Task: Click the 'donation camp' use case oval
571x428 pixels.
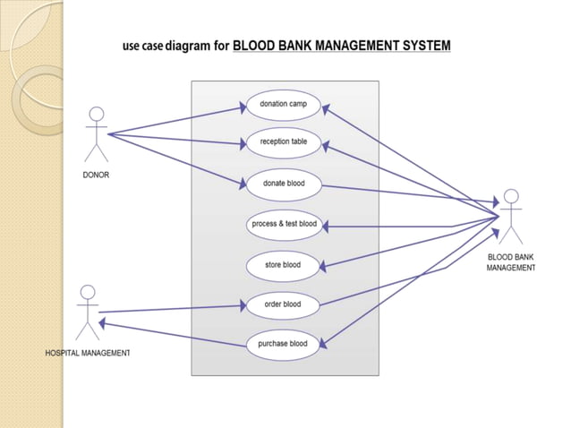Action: click(x=283, y=105)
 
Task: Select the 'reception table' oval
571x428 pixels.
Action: click(x=283, y=142)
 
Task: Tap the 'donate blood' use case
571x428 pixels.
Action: click(x=283, y=184)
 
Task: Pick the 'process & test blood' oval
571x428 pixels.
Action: click(x=283, y=224)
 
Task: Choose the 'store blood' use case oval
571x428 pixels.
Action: click(x=283, y=265)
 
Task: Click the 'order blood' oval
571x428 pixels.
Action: click(x=283, y=304)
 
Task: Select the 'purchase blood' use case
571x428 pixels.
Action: click(x=283, y=344)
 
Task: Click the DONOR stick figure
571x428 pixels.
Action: click(x=96, y=134)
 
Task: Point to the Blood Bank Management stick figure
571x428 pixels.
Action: click(x=511, y=216)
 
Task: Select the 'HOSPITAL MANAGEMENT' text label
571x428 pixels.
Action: click(x=88, y=354)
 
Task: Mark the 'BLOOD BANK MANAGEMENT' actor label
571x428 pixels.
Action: click(x=511, y=262)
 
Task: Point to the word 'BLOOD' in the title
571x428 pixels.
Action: click(x=254, y=45)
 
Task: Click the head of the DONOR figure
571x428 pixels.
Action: click(x=96, y=115)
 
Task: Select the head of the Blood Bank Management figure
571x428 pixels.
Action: click(x=511, y=196)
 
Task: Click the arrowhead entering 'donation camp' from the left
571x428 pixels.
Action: click(x=243, y=107)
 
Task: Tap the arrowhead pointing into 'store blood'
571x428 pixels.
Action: click(x=324, y=266)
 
